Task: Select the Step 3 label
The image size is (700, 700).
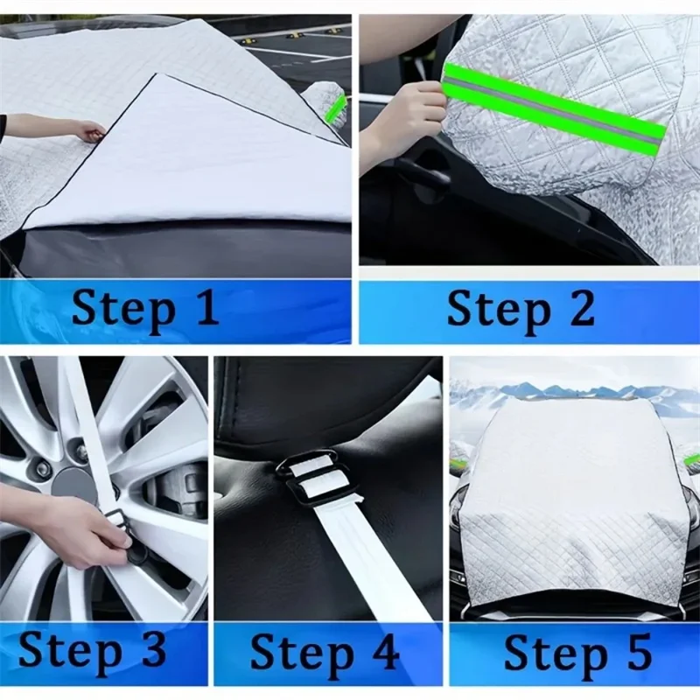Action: point(92,652)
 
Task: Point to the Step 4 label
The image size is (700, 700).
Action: point(325,653)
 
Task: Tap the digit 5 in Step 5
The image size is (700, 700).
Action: point(636,653)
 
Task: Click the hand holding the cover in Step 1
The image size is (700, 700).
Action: point(87,131)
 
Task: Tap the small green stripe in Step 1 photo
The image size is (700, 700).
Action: point(336,108)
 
